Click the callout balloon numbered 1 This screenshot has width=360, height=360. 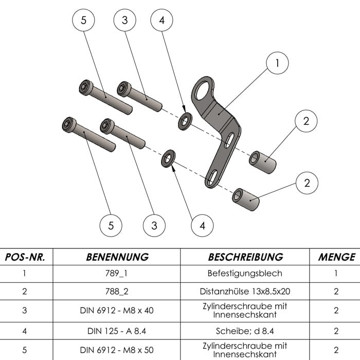pyautogui.click(x=278, y=64)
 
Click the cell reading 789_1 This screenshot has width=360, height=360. pyautogui.click(x=117, y=273)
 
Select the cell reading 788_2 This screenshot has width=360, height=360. pyautogui.click(x=117, y=291)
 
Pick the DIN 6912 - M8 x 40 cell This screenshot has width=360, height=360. pyautogui.click(x=117, y=311)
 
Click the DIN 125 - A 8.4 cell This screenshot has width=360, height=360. pyautogui.click(x=117, y=330)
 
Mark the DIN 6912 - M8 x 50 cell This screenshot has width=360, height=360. pyautogui.click(x=117, y=350)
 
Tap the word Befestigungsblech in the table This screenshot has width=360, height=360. pyautogui.click(x=245, y=273)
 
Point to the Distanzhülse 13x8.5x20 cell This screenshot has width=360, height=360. pyautogui.click(x=245, y=291)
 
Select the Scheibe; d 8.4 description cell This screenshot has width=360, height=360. pyautogui.click(x=245, y=330)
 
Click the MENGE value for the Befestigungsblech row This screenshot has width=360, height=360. pyautogui.click(x=336, y=273)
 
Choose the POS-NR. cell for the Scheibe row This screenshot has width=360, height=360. pyautogui.click(x=25, y=330)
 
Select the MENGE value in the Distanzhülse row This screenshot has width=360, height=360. pyautogui.click(x=336, y=291)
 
